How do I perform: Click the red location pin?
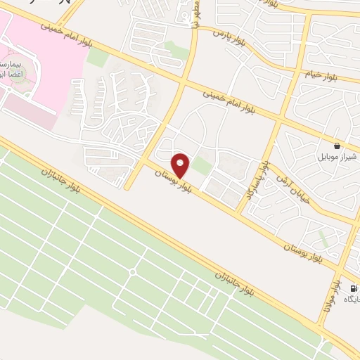pos(181,165)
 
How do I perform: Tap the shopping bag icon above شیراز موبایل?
pos(338,146)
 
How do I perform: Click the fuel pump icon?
pos(352,288)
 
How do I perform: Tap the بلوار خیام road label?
pos(321,73)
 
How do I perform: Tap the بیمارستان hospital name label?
pos(12,64)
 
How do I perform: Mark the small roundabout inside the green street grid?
pos(131,271)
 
